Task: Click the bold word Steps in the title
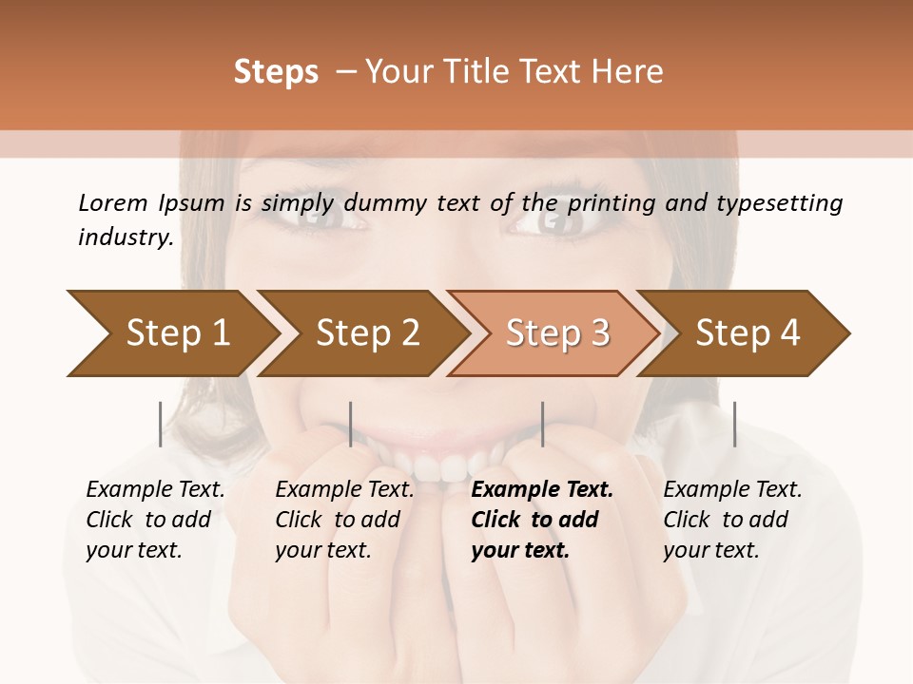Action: tap(276, 72)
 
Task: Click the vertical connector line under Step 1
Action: tap(161, 424)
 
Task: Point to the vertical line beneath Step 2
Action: tap(351, 424)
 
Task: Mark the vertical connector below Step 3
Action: tap(543, 424)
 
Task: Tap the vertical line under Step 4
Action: tap(734, 424)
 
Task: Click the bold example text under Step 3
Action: tap(537, 520)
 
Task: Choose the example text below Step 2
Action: tap(343, 520)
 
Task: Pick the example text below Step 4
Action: tap(731, 520)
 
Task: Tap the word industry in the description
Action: tap(125, 237)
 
